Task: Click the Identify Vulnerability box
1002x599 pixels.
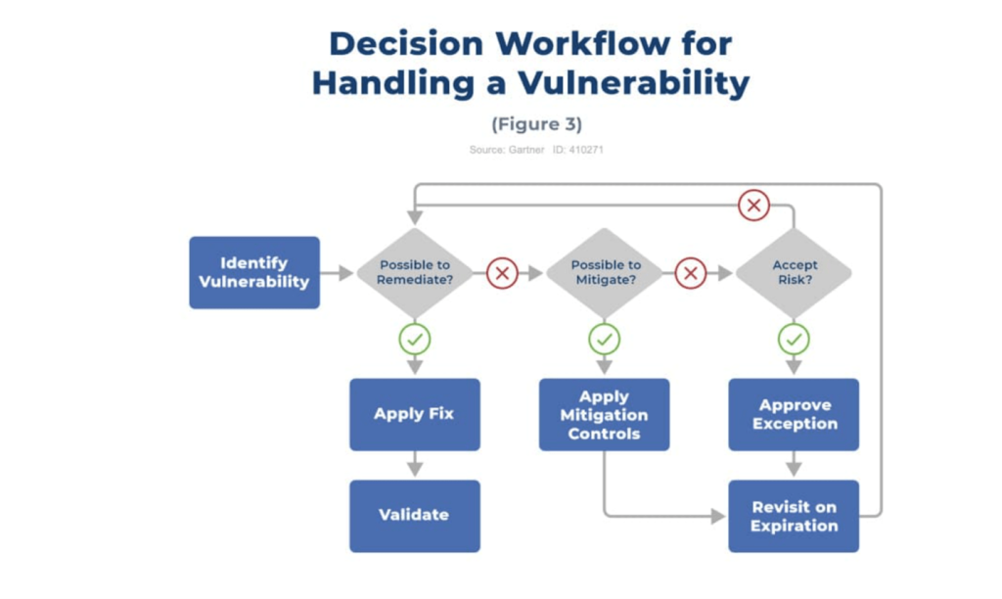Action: [254, 272]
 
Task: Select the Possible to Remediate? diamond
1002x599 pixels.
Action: [415, 273]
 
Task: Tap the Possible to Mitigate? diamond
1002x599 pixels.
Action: [605, 273]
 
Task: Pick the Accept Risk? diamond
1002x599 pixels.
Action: [794, 273]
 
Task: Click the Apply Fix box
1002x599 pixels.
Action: [415, 414]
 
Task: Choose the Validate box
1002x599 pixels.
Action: [415, 515]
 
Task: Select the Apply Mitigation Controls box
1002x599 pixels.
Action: [605, 414]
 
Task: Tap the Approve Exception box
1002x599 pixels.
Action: [794, 414]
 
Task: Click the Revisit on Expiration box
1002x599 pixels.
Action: [794, 516]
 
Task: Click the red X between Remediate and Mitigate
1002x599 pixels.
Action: [502, 273]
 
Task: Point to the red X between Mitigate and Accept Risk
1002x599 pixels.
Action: [691, 273]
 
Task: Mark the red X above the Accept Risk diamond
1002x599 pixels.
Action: [753, 206]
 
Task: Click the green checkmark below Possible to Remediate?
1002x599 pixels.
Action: [415, 340]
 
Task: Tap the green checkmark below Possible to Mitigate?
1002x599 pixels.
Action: [605, 340]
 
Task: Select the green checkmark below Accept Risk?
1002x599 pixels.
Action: [794, 340]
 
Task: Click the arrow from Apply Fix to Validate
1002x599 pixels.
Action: [415, 465]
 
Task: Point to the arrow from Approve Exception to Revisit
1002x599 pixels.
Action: [794, 465]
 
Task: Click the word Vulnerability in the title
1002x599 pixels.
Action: [633, 83]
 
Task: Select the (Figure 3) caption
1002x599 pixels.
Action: [536, 124]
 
